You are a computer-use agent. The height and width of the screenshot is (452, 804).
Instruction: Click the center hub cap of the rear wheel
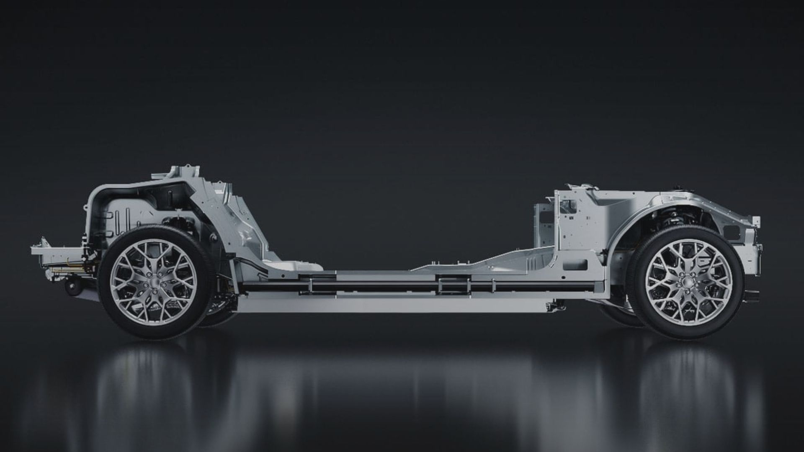coord(153,282)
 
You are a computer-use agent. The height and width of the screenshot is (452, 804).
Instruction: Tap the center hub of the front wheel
coord(688,282)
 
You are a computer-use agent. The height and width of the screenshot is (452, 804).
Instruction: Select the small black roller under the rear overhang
coord(74,288)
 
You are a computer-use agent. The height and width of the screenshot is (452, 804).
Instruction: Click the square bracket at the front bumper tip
coord(756,221)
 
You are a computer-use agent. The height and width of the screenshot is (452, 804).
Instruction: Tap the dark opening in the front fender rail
coord(732,231)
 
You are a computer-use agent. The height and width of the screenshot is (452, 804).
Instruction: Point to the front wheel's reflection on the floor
coord(687,377)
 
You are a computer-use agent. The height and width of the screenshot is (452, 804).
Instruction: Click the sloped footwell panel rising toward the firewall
coord(482,260)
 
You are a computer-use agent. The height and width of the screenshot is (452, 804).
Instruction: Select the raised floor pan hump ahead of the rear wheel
coord(293,265)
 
